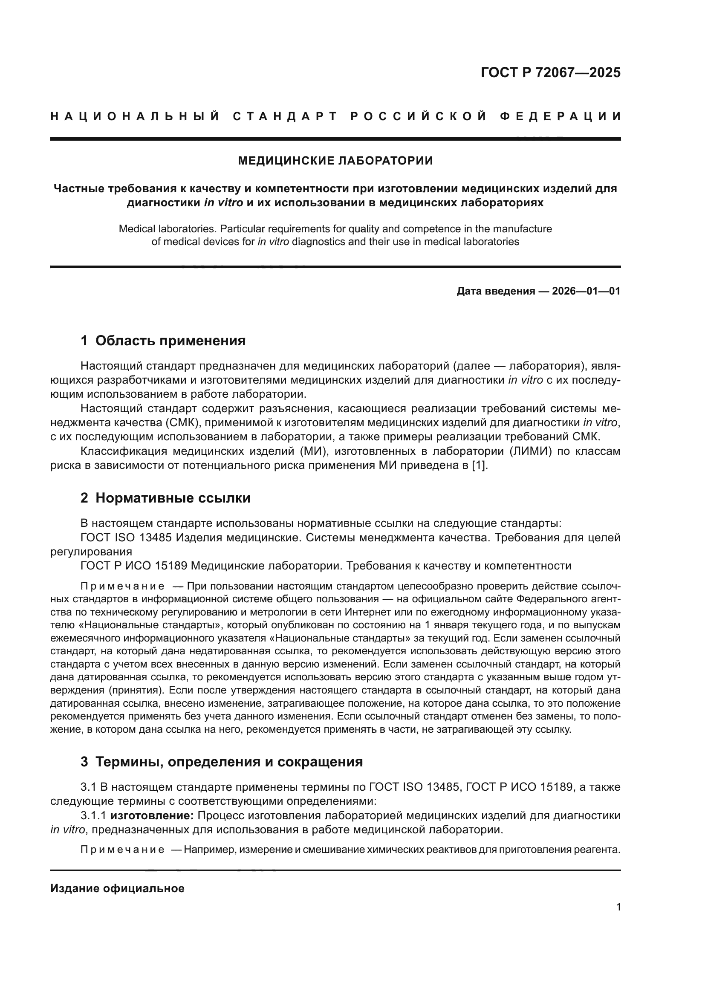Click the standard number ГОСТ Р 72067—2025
550,72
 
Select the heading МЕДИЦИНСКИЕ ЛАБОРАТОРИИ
335,161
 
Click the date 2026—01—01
586,292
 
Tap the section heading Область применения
170,341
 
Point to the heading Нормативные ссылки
173,498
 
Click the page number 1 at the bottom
618,907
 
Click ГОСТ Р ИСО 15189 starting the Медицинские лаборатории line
134,566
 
